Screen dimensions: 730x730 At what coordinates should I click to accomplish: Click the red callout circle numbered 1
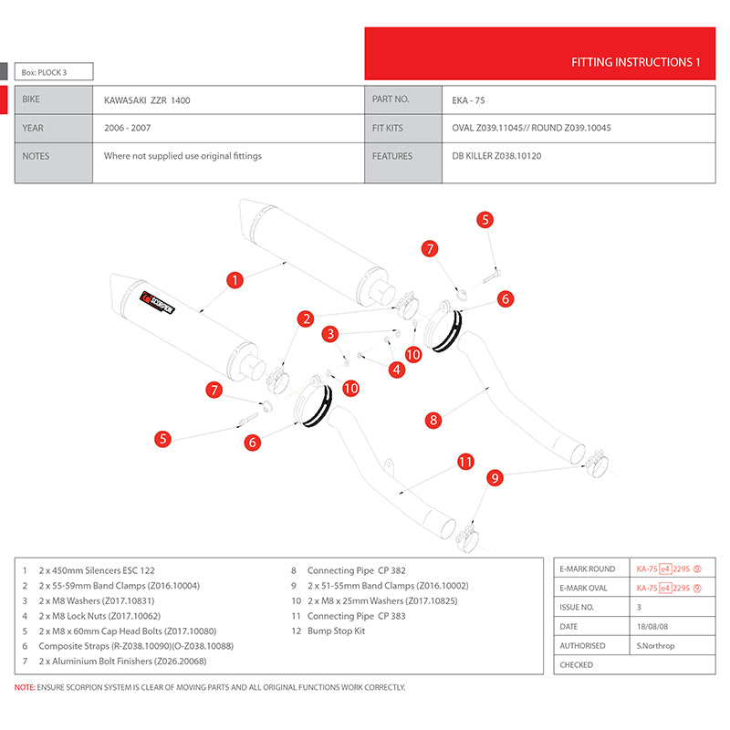tap(235, 280)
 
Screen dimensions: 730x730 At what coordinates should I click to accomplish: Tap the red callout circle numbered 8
tap(434, 420)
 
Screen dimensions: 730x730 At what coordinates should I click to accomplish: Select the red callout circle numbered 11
tap(466, 462)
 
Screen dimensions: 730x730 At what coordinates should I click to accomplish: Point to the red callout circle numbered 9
tap(495, 476)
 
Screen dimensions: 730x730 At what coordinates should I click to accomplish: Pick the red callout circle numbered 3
tap(331, 334)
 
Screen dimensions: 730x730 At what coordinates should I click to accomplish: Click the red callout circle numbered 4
tap(396, 370)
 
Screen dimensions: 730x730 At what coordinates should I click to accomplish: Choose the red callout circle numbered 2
tap(306, 318)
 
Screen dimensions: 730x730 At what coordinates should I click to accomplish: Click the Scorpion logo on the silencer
tap(157, 302)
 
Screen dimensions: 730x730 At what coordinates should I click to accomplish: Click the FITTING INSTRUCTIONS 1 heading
tap(635, 62)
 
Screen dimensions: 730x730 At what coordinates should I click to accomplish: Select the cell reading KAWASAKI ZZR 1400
tap(147, 99)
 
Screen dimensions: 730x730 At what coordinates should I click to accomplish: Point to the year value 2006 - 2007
tap(128, 128)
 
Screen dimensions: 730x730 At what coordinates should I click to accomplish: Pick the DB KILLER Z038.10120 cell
tap(495, 156)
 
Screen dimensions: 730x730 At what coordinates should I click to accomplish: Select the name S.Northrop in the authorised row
tap(658, 645)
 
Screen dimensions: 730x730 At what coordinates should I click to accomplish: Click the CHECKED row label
tap(577, 664)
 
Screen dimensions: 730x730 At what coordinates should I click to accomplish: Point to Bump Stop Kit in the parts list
tap(337, 631)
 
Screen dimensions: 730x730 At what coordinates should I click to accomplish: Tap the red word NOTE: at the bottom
tap(26, 687)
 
